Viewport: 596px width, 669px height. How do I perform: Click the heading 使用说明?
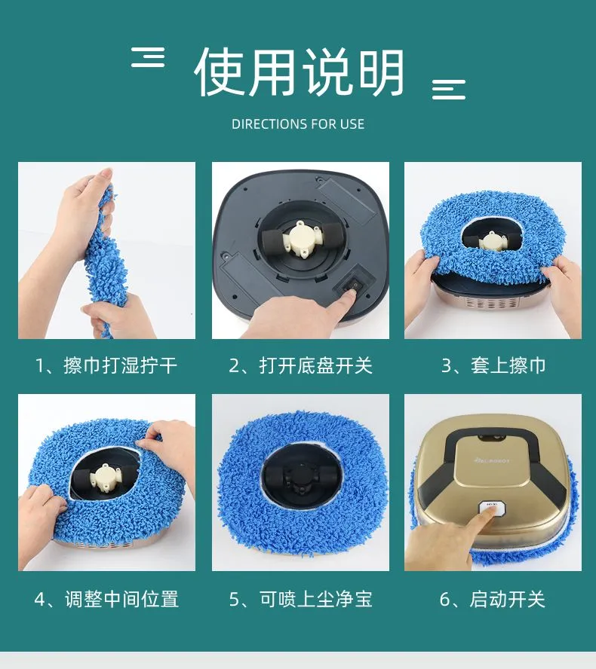299,72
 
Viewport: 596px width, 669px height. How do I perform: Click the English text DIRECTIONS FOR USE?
298,124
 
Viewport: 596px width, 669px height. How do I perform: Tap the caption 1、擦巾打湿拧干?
106,365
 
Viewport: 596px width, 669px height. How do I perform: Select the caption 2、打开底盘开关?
300,365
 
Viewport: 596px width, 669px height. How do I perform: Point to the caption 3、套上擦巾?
493,365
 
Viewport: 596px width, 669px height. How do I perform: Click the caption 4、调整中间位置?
106,599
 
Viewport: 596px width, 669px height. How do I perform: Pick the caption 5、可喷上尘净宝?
300,599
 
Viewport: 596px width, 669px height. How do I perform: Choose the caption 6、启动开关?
492,599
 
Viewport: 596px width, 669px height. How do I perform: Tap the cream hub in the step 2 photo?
301,237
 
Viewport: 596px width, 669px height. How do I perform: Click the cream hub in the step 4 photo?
105,476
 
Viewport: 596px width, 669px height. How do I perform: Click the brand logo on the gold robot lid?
492,460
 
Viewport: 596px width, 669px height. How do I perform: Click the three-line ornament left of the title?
148,57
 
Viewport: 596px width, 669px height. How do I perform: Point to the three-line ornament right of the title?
449,90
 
